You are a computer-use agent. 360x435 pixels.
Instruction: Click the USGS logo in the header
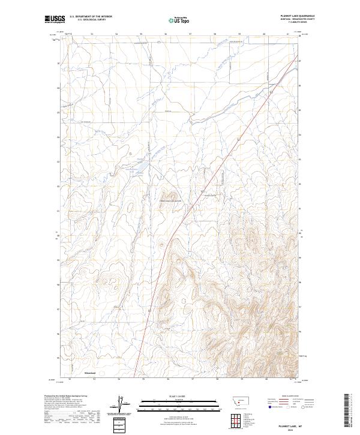[55, 19]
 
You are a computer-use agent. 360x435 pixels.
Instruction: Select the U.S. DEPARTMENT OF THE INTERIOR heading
[91, 17]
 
